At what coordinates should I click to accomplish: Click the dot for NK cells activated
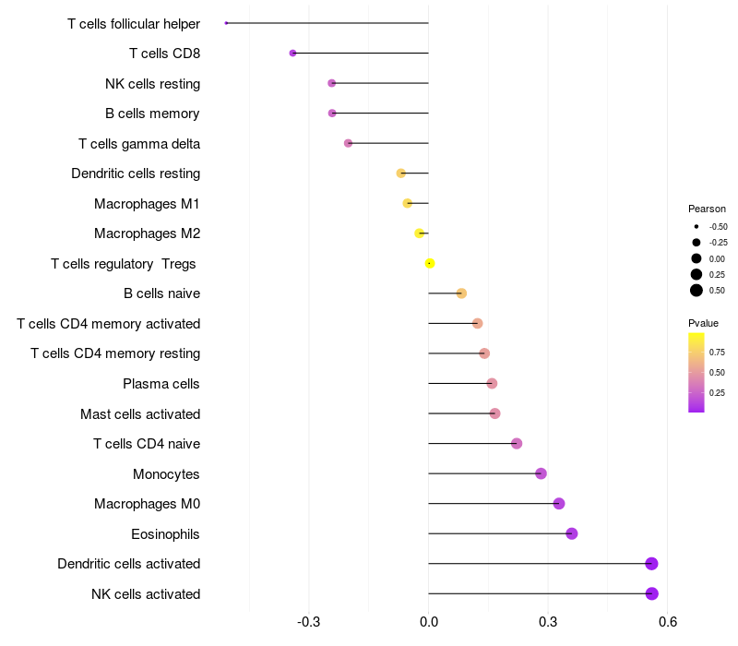click(x=651, y=593)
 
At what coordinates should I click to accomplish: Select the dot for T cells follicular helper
click(x=226, y=23)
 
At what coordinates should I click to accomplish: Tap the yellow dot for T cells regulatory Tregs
click(x=430, y=263)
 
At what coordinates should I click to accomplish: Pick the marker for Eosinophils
click(x=572, y=533)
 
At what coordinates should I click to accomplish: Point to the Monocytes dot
click(x=541, y=473)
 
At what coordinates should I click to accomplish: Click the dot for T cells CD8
click(x=292, y=53)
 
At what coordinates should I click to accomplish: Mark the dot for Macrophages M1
click(x=407, y=203)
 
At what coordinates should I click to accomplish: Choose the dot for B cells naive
click(x=461, y=293)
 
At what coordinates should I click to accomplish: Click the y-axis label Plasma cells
click(x=161, y=384)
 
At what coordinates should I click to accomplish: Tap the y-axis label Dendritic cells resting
click(x=136, y=173)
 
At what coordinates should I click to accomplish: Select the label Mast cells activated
click(x=140, y=413)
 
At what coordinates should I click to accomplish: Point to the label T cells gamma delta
click(x=139, y=143)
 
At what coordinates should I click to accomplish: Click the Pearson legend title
click(x=707, y=209)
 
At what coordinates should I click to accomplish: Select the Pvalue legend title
click(x=703, y=323)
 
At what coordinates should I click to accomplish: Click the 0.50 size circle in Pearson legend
click(x=696, y=290)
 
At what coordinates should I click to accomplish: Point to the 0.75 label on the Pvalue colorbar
click(x=717, y=352)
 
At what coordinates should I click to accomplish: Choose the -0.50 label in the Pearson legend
click(x=718, y=226)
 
